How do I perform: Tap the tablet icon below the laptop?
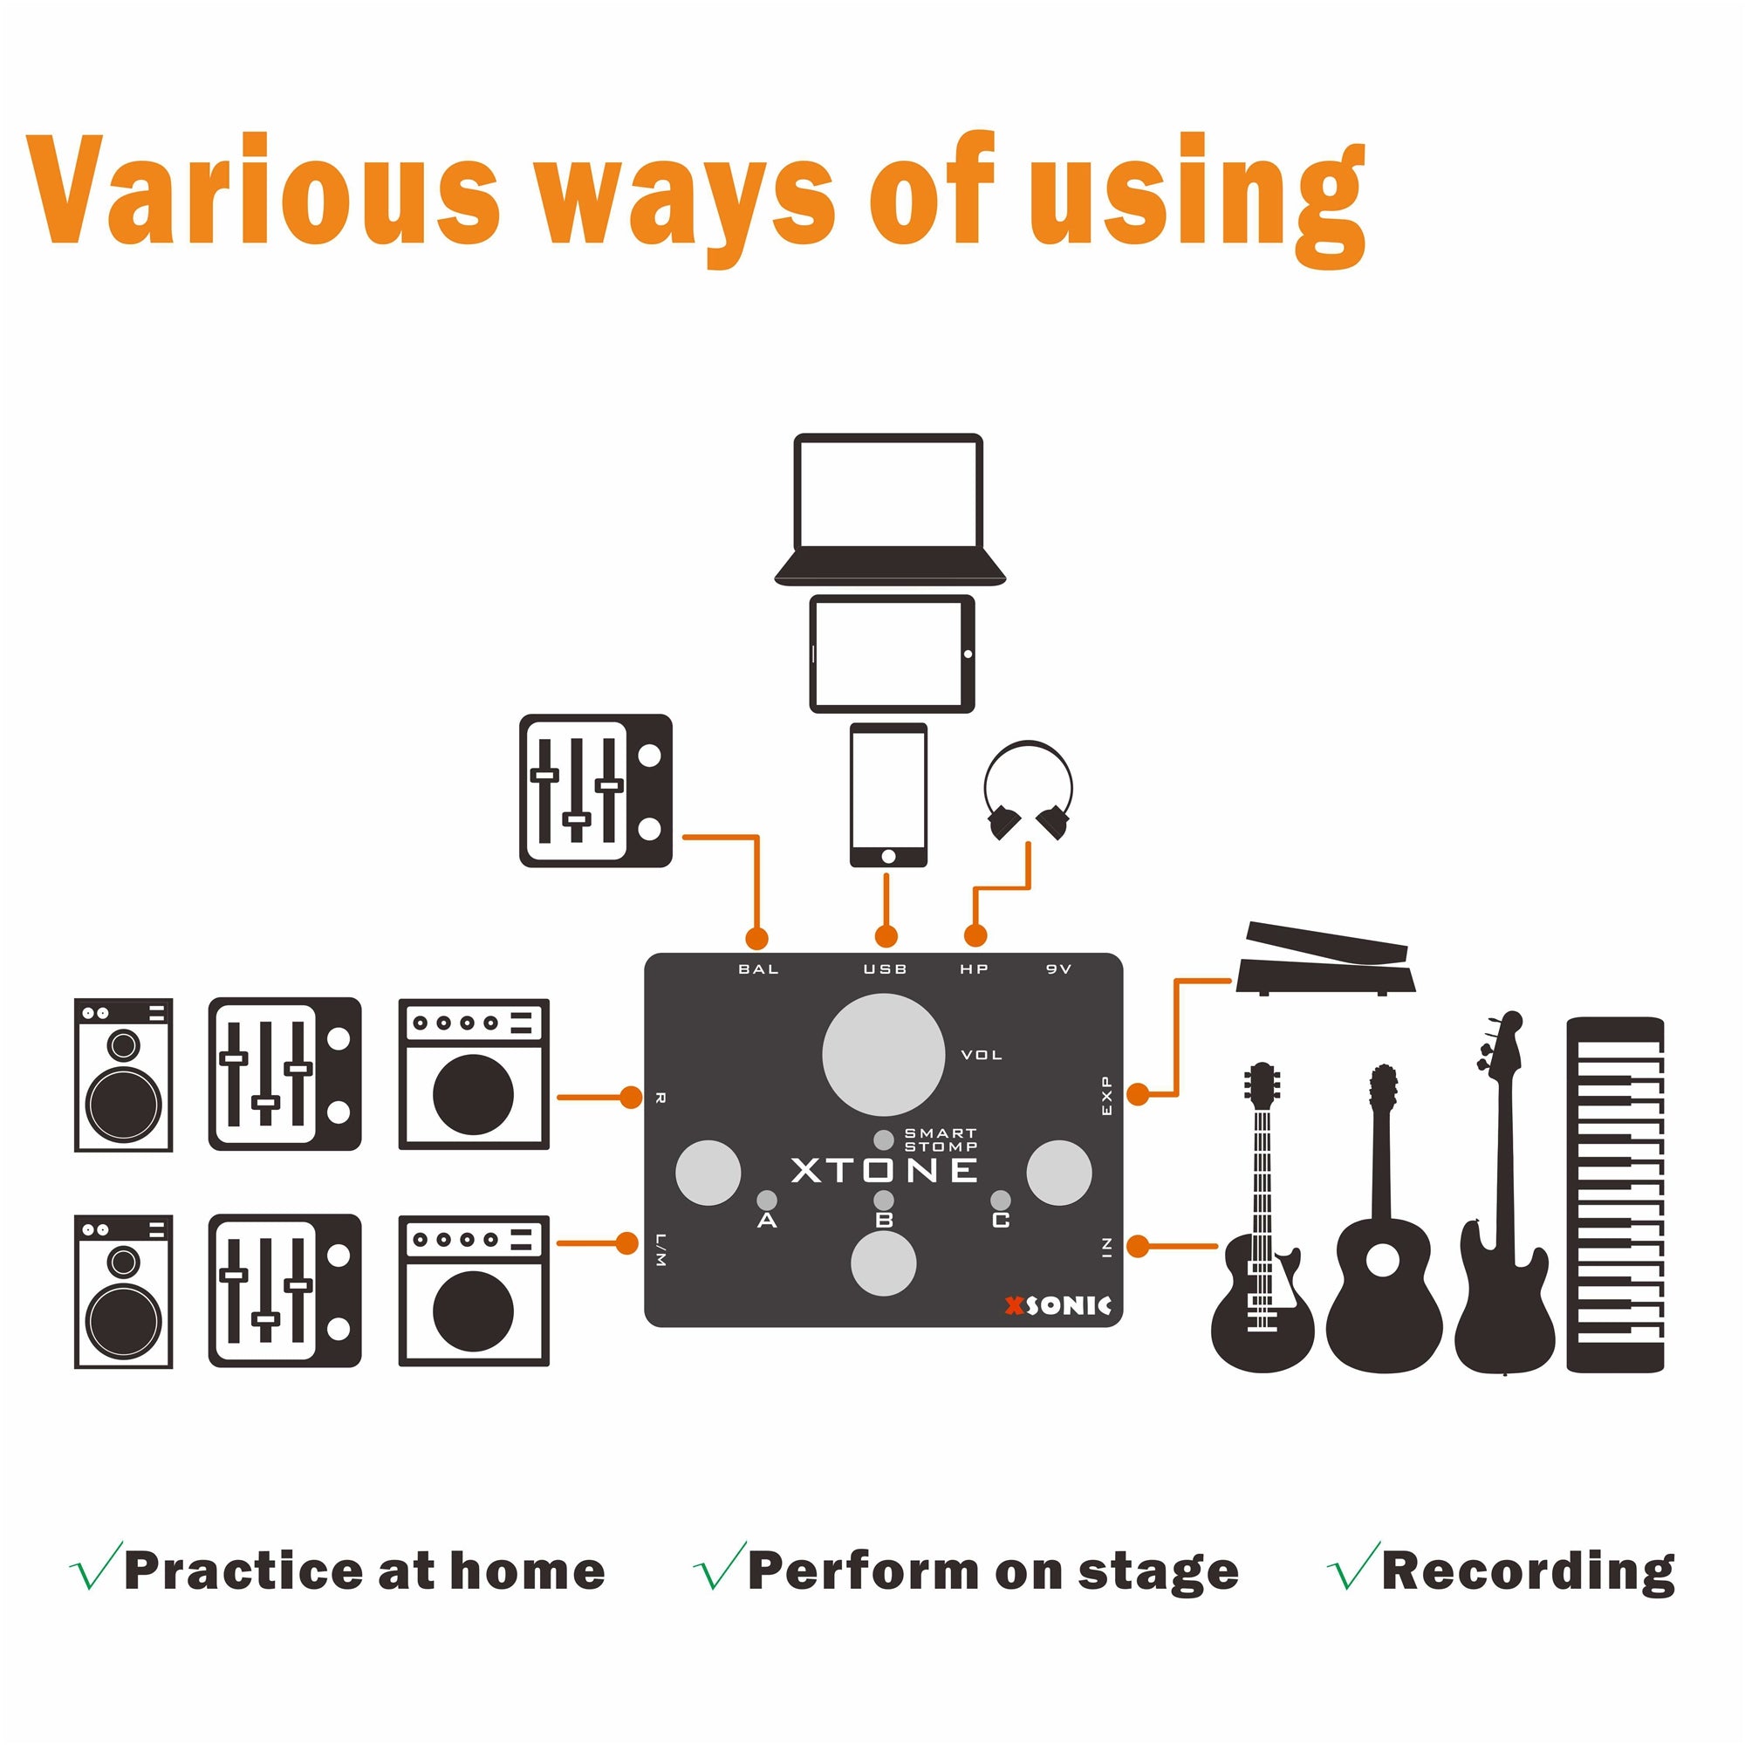(x=892, y=654)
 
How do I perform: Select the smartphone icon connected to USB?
(x=888, y=795)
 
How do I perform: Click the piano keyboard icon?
(x=1615, y=1195)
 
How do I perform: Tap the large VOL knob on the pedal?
(x=883, y=1055)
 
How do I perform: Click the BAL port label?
(x=758, y=969)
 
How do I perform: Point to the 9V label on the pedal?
(x=1058, y=969)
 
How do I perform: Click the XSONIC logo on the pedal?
(x=1057, y=1306)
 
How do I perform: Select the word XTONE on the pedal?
(x=884, y=1171)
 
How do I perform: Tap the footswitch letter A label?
(x=767, y=1221)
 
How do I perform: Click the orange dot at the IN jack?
(x=1138, y=1247)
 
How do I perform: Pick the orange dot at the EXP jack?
(x=1138, y=1095)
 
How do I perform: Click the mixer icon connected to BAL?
(x=596, y=791)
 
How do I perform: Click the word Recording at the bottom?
(x=1529, y=1571)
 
